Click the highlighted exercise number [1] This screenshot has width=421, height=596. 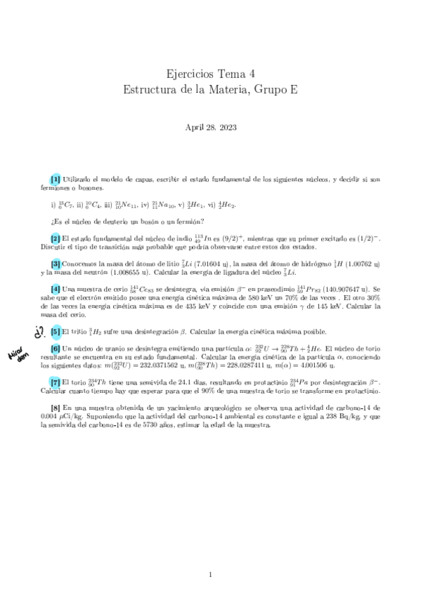[x=55, y=180]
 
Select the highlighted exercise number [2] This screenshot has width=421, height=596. [x=55, y=239]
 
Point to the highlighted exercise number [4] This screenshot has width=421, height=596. [x=55, y=288]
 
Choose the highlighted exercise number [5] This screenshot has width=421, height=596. [x=55, y=331]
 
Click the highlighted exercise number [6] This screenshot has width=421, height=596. [x=55, y=349]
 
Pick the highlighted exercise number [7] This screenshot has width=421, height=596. [x=55, y=381]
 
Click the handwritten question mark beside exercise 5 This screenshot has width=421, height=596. [x=39, y=332]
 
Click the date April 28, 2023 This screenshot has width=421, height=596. [x=210, y=128]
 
